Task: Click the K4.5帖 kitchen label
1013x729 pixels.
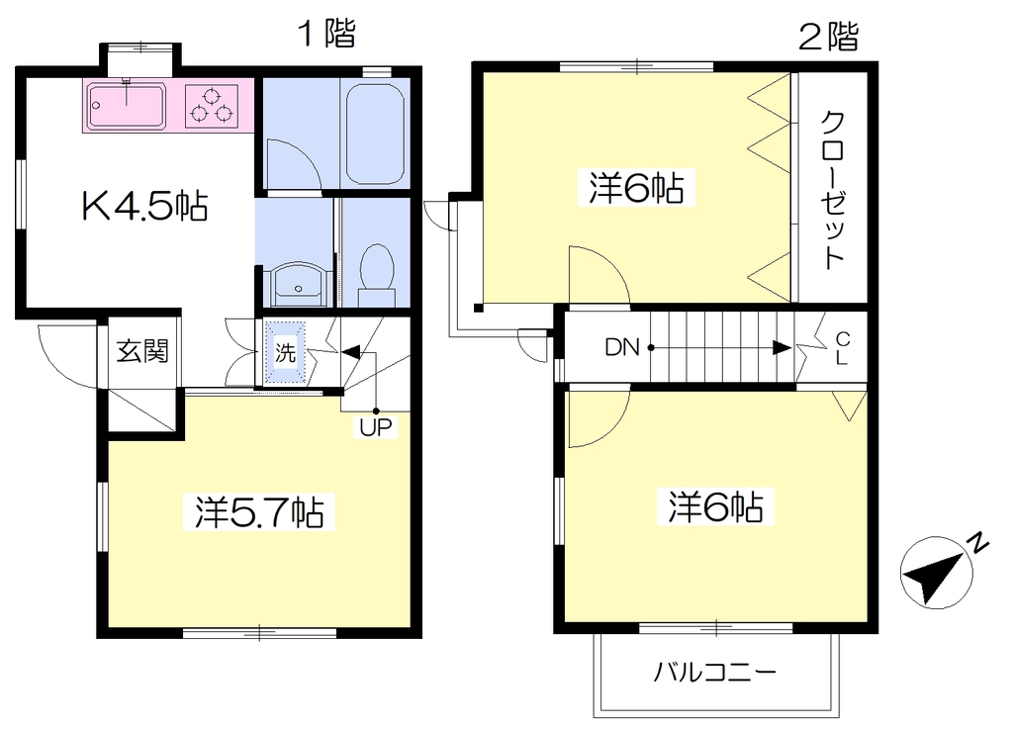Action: tap(144, 207)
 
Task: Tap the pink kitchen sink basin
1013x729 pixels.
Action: tap(128, 105)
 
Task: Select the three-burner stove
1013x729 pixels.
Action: tap(212, 106)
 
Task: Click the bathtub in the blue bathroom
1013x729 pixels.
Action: tap(375, 134)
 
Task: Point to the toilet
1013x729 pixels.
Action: tap(377, 275)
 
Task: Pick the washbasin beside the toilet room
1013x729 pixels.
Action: tap(297, 284)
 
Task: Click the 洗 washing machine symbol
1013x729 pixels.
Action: tap(285, 352)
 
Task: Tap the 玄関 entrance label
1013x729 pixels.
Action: tap(142, 351)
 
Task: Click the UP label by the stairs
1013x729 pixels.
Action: tap(375, 427)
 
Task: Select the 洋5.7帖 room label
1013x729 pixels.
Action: tap(259, 512)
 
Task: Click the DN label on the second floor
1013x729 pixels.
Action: tap(622, 348)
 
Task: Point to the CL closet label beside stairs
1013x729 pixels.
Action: tap(842, 349)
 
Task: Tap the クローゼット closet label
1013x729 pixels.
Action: tap(833, 190)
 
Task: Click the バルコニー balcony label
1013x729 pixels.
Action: tap(714, 673)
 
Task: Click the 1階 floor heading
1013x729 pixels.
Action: tap(326, 33)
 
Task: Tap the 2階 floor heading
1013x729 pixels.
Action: tap(829, 37)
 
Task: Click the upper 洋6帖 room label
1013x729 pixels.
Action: tap(636, 188)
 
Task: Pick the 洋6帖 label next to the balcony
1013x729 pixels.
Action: tap(716, 506)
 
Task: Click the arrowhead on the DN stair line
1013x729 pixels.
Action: tap(783, 348)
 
